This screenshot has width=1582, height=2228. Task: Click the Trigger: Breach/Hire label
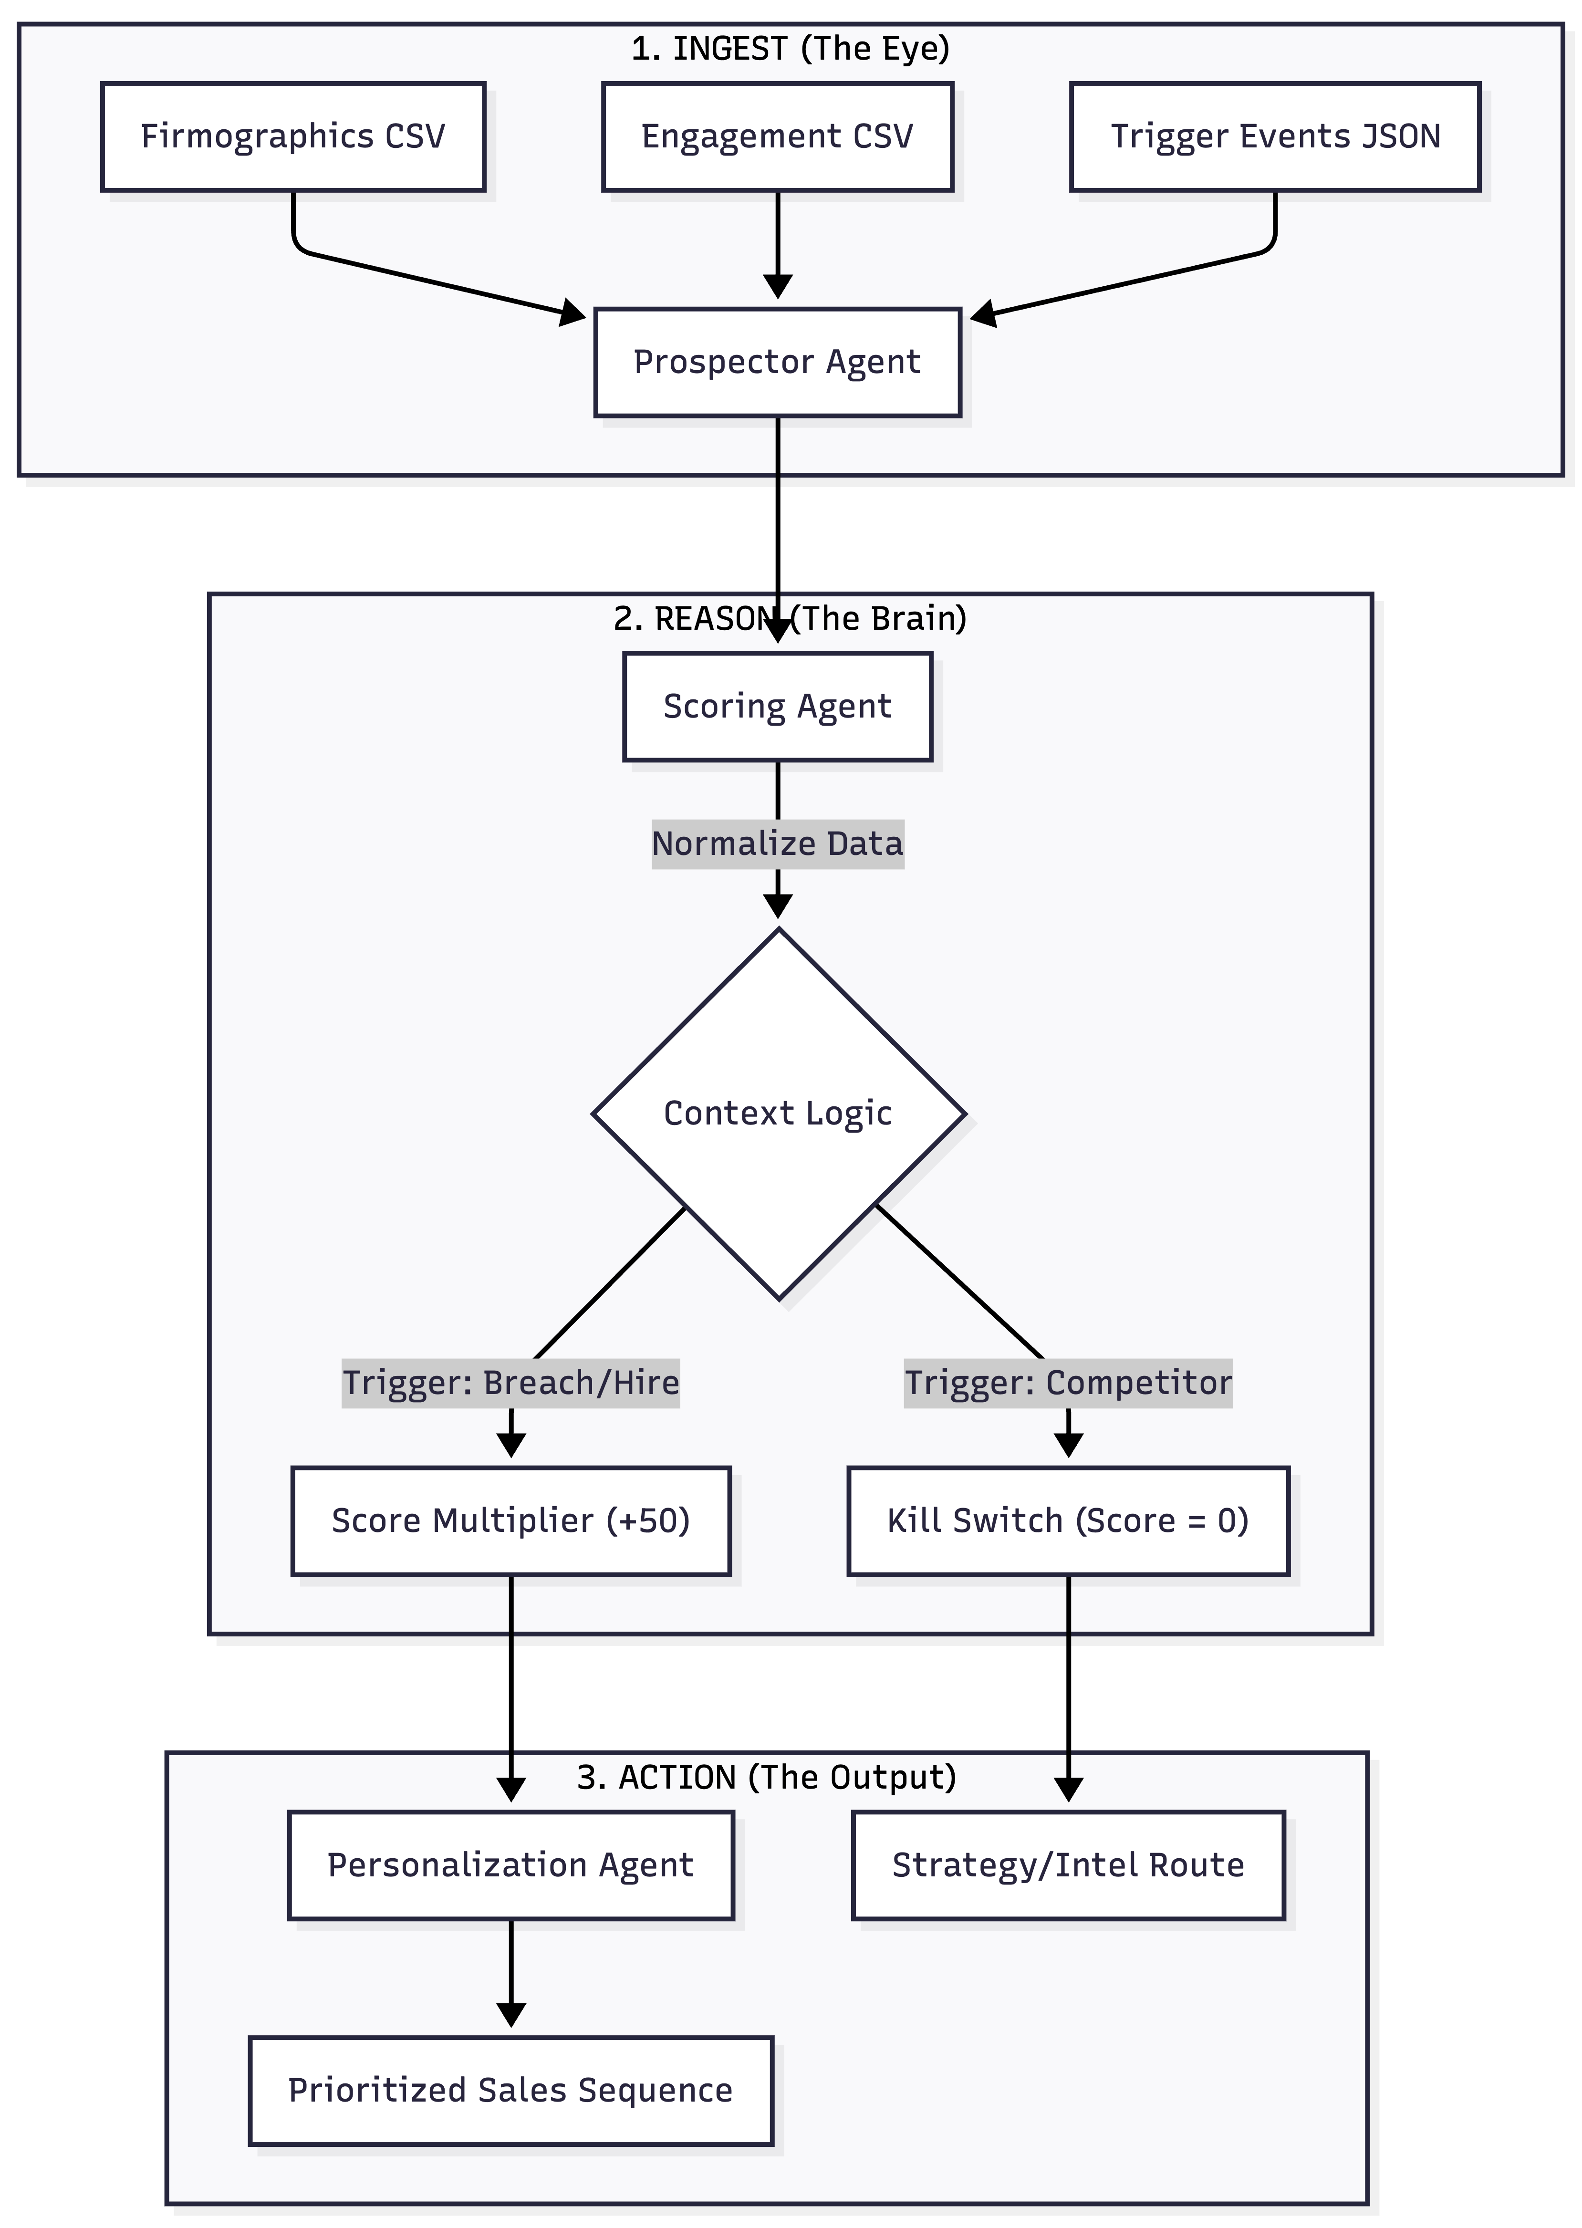tap(510, 1383)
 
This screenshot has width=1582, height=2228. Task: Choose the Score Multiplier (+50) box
tap(510, 1521)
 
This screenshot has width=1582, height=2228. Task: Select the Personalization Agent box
tap(510, 1864)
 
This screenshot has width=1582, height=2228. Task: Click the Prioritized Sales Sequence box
tap(510, 2091)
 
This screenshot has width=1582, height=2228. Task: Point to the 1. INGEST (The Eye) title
tap(790, 49)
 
